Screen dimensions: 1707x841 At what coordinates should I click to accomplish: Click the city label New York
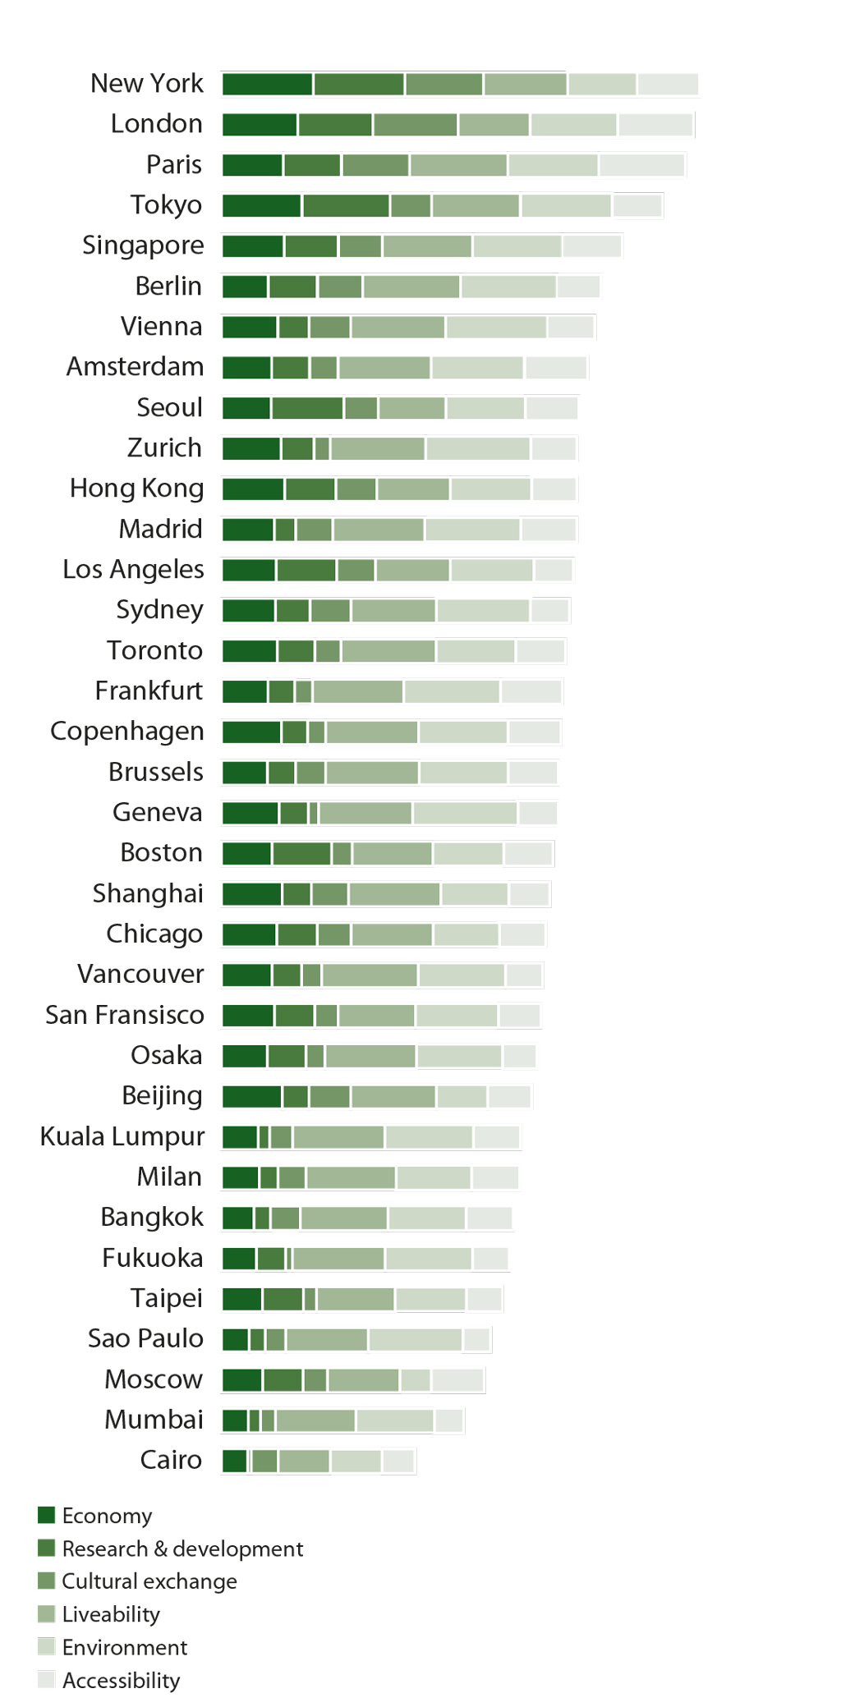coord(147,84)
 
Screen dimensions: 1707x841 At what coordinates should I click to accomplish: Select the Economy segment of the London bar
coord(260,125)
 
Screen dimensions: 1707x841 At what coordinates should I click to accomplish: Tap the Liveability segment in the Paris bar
coord(458,165)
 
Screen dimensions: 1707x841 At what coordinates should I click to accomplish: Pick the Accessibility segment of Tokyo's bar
coord(637,205)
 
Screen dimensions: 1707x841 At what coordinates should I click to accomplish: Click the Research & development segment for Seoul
coord(307,408)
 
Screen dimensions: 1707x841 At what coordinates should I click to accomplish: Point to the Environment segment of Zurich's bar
coord(478,448)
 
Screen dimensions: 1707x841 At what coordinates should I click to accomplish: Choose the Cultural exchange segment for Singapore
coord(361,245)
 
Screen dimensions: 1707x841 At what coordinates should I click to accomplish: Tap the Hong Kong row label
coord(136,489)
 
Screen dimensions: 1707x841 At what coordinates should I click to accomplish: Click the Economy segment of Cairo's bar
coord(234,1462)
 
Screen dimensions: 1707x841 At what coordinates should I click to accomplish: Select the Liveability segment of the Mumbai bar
coord(315,1420)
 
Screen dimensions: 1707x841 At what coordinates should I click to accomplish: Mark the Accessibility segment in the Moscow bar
coord(457,1380)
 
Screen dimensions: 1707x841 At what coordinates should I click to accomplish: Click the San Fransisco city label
coord(125,1015)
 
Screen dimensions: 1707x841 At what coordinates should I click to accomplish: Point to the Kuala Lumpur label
coord(122,1136)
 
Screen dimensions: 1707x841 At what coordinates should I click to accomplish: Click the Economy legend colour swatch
coord(47,1516)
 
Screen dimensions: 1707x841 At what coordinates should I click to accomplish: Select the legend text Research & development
coord(182,1549)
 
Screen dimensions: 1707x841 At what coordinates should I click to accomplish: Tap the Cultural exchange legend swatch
coord(47,1581)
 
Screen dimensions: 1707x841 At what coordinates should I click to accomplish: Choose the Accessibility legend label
coord(122,1681)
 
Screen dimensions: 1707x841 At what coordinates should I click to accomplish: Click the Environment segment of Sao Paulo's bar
coord(415,1340)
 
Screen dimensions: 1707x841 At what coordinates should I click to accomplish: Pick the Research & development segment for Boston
coord(301,854)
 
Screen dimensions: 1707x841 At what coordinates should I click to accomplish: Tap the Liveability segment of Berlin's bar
coord(411,287)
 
